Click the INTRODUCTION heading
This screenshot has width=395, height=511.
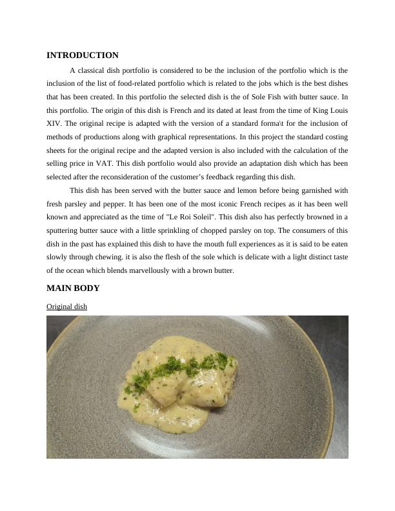(x=83, y=55)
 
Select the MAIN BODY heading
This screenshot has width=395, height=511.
(x=73, y=288)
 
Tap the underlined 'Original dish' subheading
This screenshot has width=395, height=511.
(x=66, y=306)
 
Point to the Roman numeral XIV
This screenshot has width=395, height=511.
(x=54, y=123)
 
